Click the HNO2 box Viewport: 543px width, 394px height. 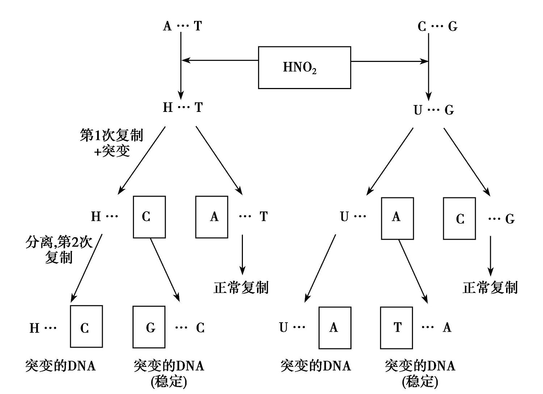[x=304, y=67]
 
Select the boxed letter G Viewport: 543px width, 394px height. [x=149, y=327]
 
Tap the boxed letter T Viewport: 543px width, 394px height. [x=397, y=328]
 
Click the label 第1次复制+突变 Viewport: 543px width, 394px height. [x=111, y=143]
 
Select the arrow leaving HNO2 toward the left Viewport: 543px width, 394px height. [x=219, y=60]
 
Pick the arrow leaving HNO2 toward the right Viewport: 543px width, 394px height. [x=390, y=61]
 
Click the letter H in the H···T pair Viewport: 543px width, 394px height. [x=168, y=107]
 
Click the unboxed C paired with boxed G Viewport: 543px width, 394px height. [x=200, y=328]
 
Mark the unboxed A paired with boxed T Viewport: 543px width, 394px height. [x=447, y=327]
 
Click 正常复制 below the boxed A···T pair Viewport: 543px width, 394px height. [x=241, y=288]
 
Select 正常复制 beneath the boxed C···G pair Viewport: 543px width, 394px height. [x=490, y=288]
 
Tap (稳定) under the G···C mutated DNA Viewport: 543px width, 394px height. [x=169, y=381]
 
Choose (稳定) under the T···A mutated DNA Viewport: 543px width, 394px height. [x=420, y=381]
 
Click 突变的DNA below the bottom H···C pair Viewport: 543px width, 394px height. [x=60, y=366]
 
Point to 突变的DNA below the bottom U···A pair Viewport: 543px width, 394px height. [x=316, y=366]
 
